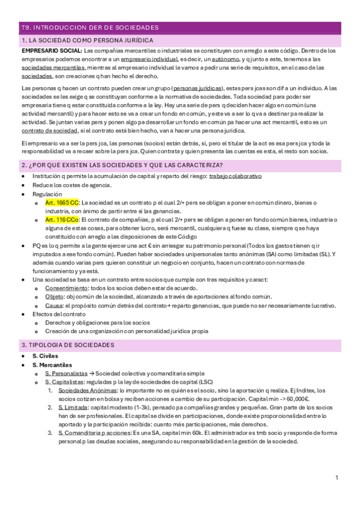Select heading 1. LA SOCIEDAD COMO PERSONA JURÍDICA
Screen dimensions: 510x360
[x=87, y=40]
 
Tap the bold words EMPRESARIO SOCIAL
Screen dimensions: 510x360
[x=50, y=50]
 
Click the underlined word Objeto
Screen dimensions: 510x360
[x=53, y=297]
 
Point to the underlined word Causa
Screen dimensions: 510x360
[x=53, y=306]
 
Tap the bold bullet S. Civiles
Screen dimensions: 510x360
[x=45, y=357]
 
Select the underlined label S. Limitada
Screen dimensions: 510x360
[x=72, y=408]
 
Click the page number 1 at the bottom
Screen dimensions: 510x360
[x=337, y=478]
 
